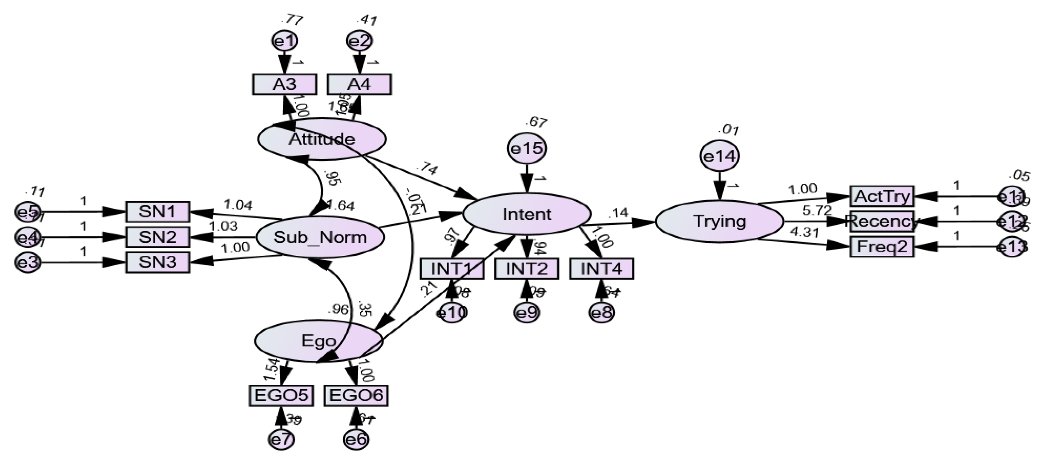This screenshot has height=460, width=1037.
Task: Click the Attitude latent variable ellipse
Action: click(322, 139)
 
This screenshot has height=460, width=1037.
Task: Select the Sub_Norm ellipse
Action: click(320, 237)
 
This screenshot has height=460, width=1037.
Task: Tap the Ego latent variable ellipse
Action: click(318, 341)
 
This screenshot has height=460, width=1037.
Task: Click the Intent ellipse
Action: click(527, 214)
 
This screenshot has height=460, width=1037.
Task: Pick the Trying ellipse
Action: click(720, 221)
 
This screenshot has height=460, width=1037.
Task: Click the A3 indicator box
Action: click(284, 84)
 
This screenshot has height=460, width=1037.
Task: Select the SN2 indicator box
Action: click(157, 237)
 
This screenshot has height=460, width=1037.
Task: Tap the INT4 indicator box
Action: click(602, 269)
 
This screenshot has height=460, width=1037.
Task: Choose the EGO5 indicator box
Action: click(281, 396)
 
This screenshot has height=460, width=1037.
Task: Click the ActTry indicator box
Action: click(882, 196)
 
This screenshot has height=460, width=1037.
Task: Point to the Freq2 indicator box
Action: click(882, 247)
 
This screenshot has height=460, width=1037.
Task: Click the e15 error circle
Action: click(527, 149)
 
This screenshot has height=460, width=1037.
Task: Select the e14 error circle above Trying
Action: click(720, 156)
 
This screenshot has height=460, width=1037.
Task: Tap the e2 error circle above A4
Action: click(359, 41)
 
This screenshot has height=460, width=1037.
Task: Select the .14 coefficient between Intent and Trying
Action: click(618, 213)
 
